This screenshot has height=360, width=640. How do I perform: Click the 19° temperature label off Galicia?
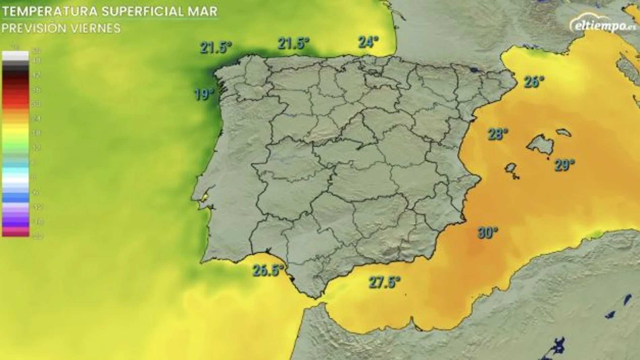coord(204,94)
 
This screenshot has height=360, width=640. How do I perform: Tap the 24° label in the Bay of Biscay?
coord(368,42)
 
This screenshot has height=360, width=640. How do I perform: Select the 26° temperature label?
coord(534,81)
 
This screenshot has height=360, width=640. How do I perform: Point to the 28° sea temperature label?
coord(498,134)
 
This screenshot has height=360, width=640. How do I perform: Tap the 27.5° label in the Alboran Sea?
coord(384,282)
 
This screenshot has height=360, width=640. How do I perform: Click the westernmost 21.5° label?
coord(216,47)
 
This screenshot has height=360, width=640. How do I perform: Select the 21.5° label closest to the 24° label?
coord(293,43)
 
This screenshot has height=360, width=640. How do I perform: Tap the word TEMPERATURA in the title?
coord(50,11)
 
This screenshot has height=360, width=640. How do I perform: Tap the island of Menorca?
coord(563,132)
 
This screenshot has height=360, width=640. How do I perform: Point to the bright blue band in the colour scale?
coord(15,197)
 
